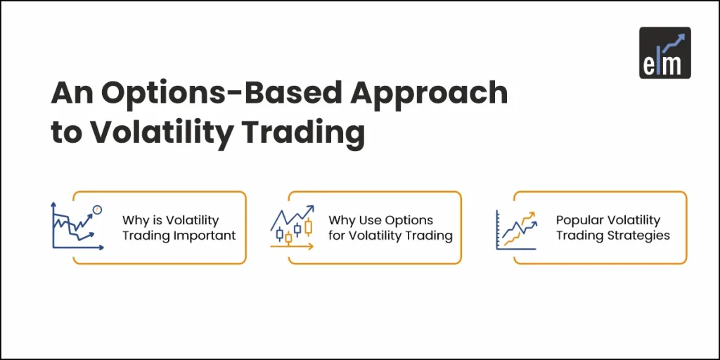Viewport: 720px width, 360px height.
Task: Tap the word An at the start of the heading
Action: [x=69, y=94]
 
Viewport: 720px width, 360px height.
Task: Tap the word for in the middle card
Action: [x=337, y=236]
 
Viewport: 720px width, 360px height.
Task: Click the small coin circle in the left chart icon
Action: [x=97, y=210]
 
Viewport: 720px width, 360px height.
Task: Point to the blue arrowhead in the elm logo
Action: [x=682, y=35]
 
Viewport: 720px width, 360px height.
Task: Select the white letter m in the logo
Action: [x=674, y=66]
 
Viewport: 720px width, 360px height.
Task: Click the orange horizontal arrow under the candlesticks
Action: [x=292, y=247]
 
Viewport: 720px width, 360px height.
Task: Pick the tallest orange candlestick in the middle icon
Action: [x=307, y=226]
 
